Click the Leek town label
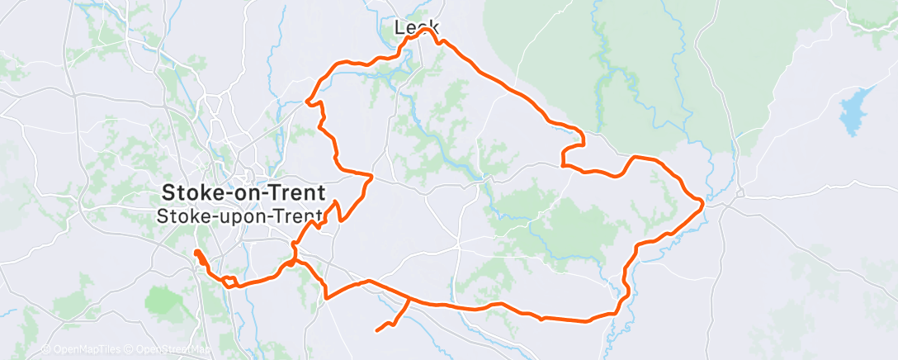tap(415, 27)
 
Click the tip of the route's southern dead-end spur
tap(377, 330)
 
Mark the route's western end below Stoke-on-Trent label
tap(196, 252)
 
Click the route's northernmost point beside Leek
tap(430, 30)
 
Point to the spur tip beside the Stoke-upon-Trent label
tap(336, 201)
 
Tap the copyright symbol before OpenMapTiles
tap(46, 349)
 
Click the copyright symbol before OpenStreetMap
tap(130, 349)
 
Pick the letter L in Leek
tap(400, 27)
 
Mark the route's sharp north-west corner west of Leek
tap(307, 102)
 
